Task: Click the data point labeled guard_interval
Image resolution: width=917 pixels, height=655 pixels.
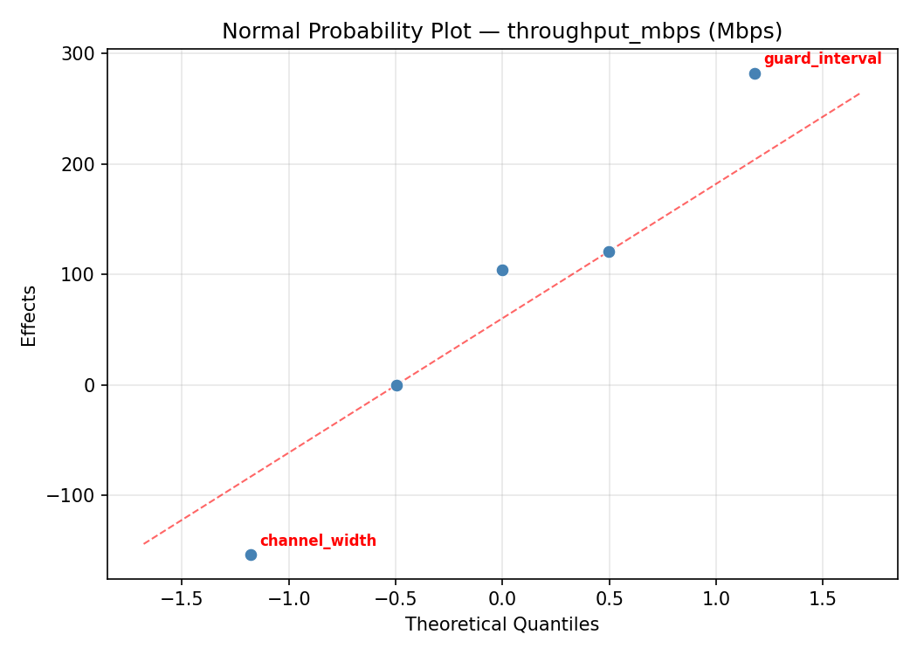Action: point(755,73)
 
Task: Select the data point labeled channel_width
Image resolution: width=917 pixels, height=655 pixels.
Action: point(251,555)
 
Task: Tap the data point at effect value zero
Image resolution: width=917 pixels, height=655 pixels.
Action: point(396,385)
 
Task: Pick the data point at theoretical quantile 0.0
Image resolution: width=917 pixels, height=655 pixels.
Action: point(502,270)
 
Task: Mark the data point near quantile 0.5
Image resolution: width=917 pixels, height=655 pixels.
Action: point(609,252)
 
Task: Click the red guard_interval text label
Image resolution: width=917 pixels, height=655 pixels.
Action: point(822,59)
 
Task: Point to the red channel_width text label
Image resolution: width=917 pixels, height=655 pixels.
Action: point(318,541)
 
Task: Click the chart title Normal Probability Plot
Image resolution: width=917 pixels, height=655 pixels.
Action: point(502,31)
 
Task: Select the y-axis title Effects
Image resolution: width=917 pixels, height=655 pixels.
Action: point(30,315)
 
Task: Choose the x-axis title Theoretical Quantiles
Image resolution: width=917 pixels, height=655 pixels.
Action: point(502,624)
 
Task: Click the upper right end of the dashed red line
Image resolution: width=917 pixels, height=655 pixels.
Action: point(860,93)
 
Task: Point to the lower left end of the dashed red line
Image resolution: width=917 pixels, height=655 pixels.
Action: point(144,544)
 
